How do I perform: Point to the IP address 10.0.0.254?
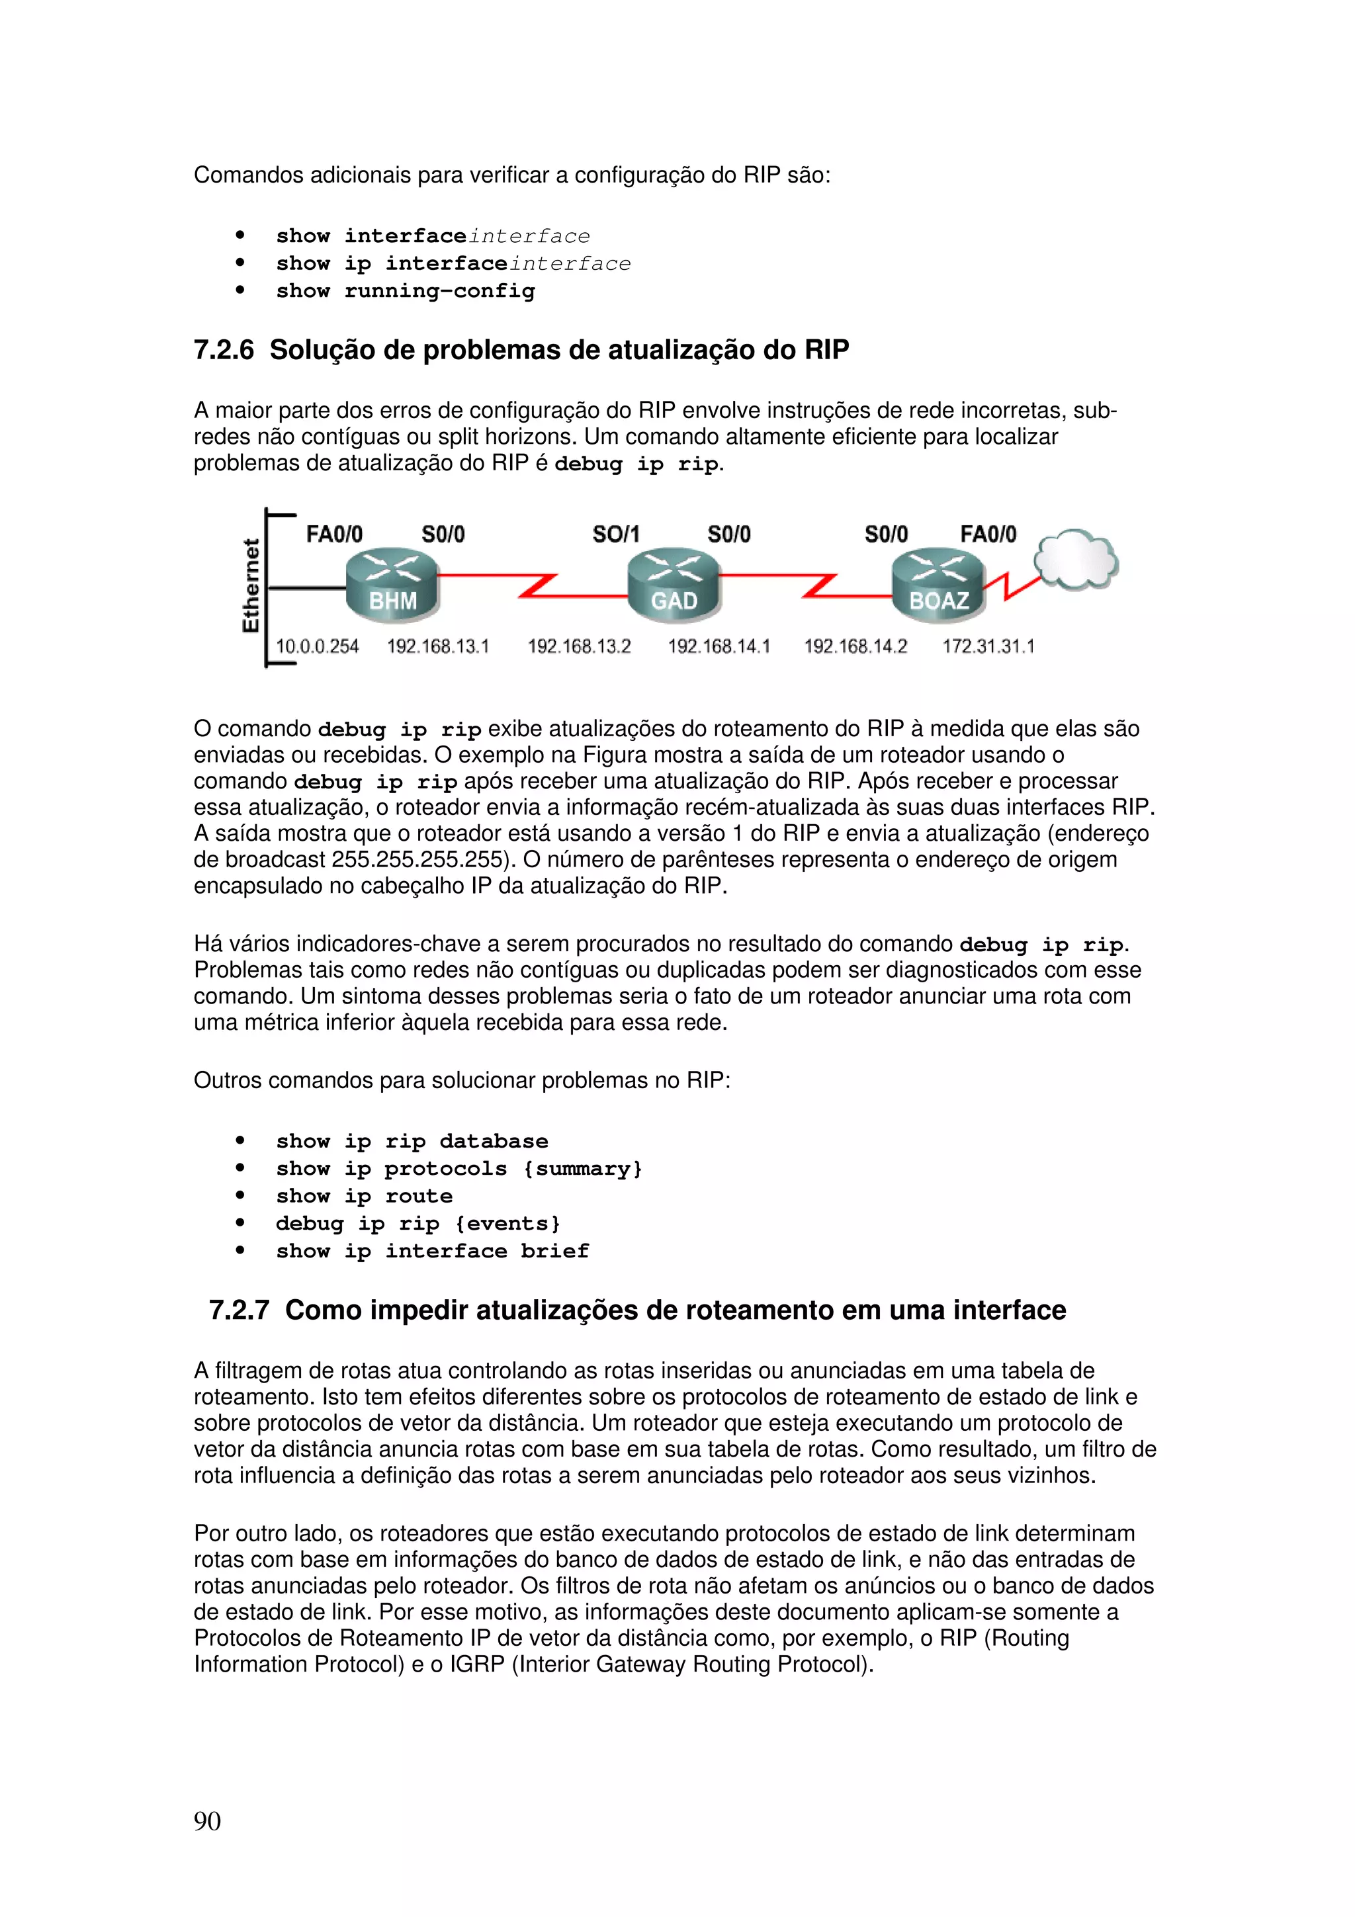[318, 646]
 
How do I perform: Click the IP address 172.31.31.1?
[988, 646]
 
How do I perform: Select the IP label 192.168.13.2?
[580, 646]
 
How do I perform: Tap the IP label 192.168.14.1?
[719, 646]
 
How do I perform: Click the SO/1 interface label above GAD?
[615, 534]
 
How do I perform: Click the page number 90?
[207, 1821]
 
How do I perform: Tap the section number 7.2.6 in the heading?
[224, 350]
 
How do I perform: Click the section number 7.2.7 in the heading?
[239, 1310]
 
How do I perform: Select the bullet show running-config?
[406, 292]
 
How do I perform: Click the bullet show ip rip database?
[412, 1141]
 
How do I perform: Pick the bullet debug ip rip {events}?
[418, 1224]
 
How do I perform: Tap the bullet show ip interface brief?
[433, 1252]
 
